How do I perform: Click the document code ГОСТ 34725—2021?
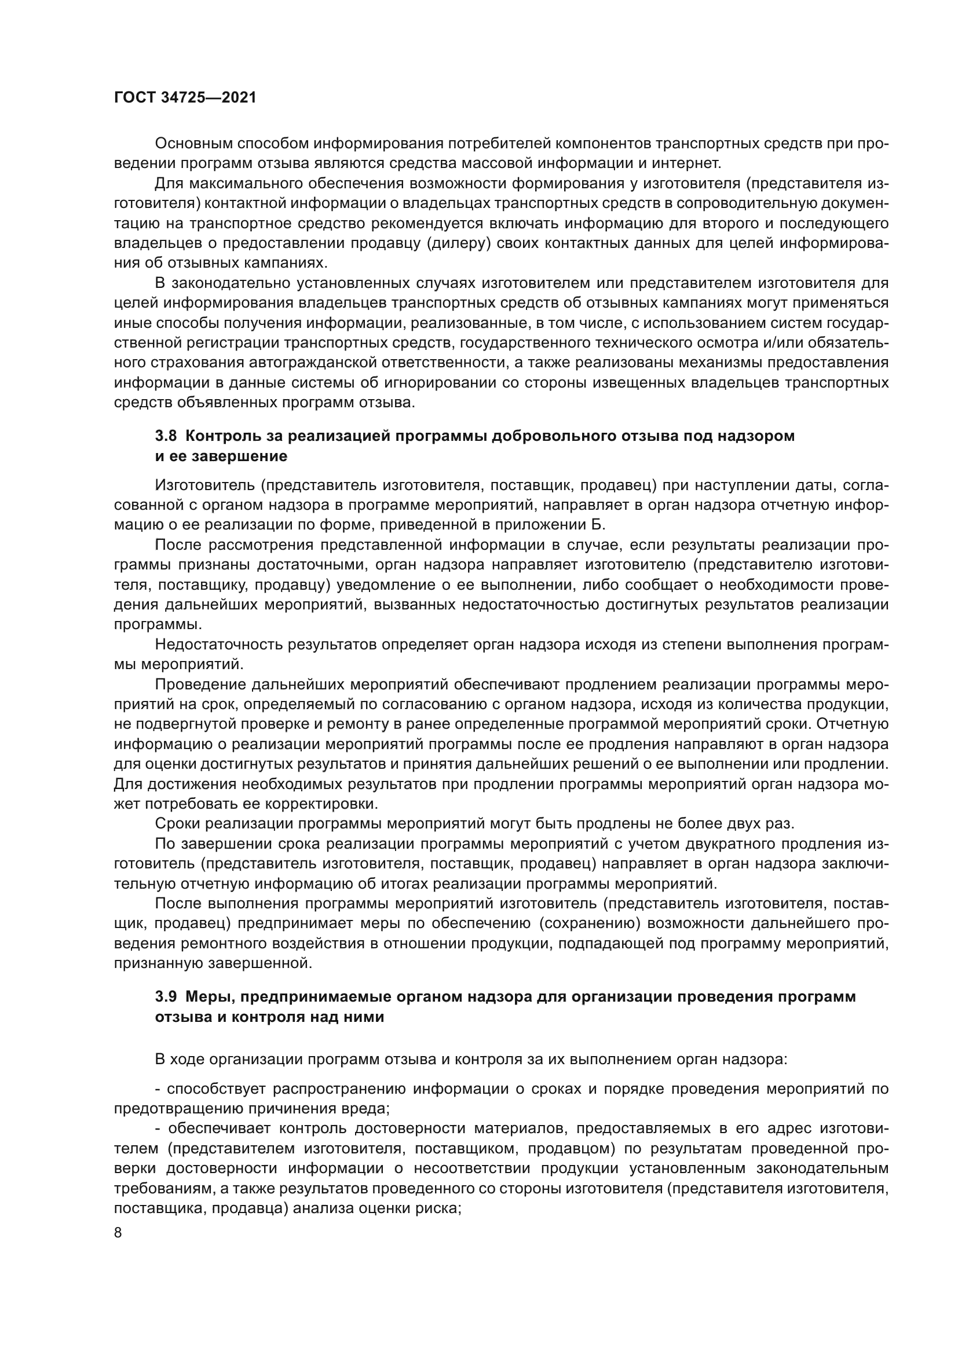185,98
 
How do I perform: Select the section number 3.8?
166,436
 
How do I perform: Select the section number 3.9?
166,997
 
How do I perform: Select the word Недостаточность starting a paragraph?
218,644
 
